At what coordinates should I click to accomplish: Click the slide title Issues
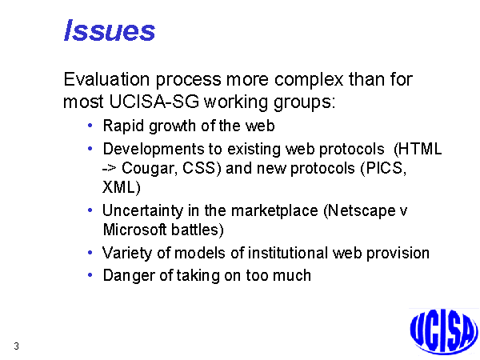[x=110, y=30]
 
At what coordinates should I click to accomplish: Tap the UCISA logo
[x=444, y=331]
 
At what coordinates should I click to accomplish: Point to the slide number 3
[x=16, y=346]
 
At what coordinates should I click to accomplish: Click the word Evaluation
[x=106, y=79]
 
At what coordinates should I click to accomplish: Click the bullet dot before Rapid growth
[x=90, y=126]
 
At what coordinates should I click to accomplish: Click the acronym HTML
[x=420, y=149]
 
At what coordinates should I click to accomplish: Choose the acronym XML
[x=118, y=187]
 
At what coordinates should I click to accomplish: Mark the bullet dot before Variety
[x=90, y=253]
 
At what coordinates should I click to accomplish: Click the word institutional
[x=287, y=253]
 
